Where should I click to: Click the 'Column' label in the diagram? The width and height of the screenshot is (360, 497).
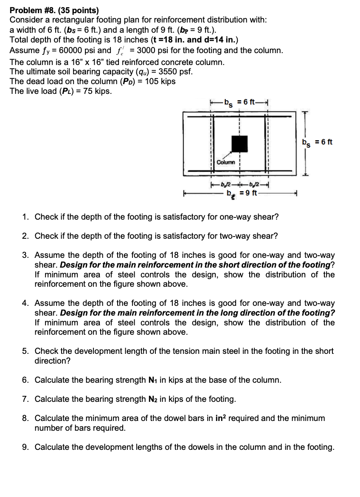click(x=225, y=162)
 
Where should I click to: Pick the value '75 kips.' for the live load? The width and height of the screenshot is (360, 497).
click(x=98, y=91)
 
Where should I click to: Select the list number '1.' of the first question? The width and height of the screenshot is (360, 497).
click(x=26, y=217)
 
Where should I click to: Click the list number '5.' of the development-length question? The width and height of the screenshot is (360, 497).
click(x=26, y=351)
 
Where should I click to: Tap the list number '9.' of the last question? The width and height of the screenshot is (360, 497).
click(x=26, y=447)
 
